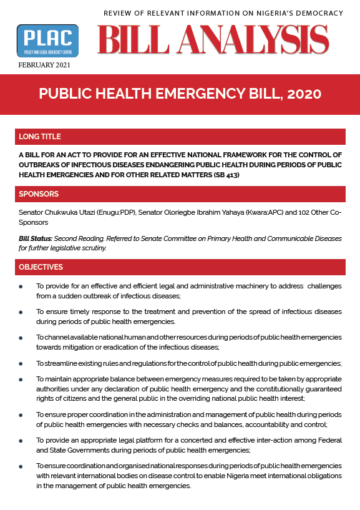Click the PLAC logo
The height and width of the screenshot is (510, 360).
pyautogui.click(x=47, y=41)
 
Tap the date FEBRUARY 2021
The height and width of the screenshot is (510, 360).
pyautogui.click(x=44, y=65)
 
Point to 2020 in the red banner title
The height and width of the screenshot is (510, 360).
pyautogui.click(x=304, y=94)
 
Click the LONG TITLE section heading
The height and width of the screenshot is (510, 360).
pyautogui.click(x=40, y=137)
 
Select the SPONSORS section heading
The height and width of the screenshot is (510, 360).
pyautogui.click(x=39, y=194)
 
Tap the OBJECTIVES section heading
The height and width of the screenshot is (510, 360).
pyautogui.click(x=41, y=267)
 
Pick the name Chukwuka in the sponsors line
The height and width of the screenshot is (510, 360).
pyautogui.click(x=67, y=213)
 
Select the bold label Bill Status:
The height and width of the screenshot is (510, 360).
pyautogui.click(x=36, y=239)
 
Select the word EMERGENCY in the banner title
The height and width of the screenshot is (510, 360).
pyautogui.click(x=199, y=94)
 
